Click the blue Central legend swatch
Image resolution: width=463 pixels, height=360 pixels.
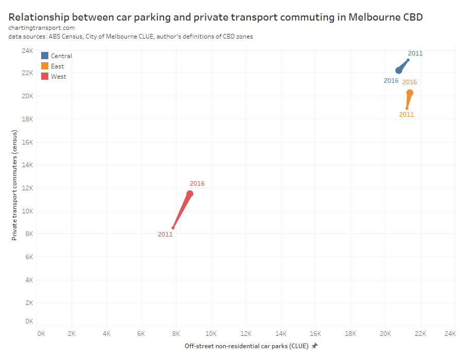tap(45, 56)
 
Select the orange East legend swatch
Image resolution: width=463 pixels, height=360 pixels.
tap(45, 66)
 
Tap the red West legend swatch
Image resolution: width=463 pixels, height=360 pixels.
tap(45, 76)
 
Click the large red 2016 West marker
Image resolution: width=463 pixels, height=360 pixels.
tap(190, 194)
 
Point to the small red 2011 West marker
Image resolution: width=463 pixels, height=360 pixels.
tap(173, 228)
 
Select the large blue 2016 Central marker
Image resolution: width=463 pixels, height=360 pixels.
tap(399, 70)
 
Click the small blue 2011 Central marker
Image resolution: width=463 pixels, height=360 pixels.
tap(408, 60)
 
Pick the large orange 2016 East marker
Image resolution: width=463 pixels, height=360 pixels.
tap(409, 93)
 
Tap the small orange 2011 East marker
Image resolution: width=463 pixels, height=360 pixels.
tap(406, 109)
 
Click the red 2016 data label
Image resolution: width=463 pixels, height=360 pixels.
tap(197, 184)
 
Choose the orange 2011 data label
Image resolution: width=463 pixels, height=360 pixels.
tap(406, 115)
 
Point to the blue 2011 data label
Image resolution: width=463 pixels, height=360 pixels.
tap(415, 53)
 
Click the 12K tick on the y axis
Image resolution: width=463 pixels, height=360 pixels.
tap(27, 188)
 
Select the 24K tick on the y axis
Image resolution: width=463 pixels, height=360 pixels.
tap(27, 50)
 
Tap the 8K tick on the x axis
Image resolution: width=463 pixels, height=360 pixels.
tap(176, 334)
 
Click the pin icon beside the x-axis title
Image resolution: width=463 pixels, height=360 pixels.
tap(314, 346)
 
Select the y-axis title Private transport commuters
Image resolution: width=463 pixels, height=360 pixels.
tap(15, 185)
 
